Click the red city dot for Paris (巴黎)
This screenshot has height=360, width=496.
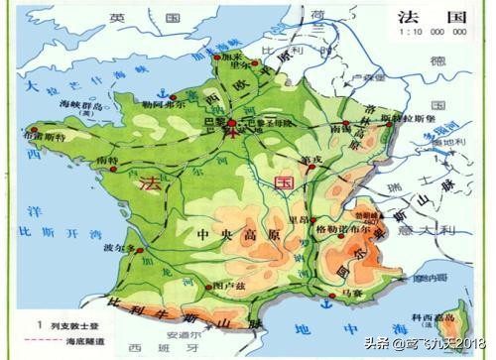point(232,123)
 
